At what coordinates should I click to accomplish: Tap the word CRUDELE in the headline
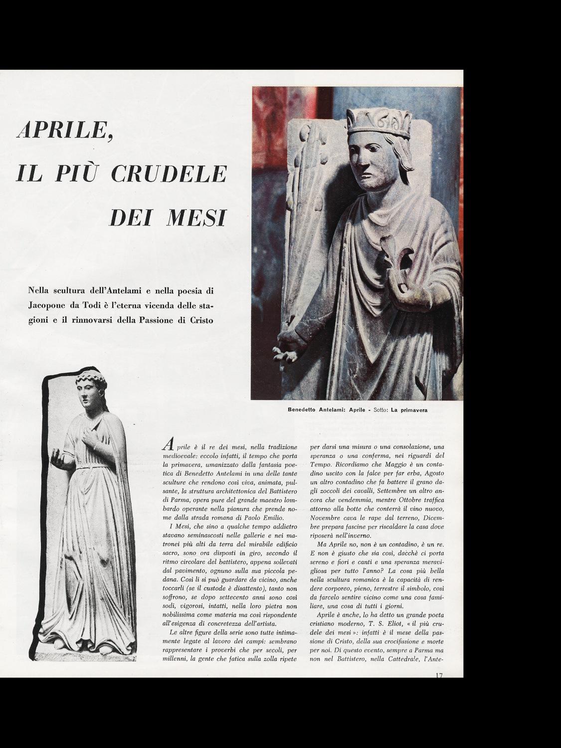tap(169, 173)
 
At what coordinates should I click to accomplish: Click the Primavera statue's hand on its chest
tap(90, 439)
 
